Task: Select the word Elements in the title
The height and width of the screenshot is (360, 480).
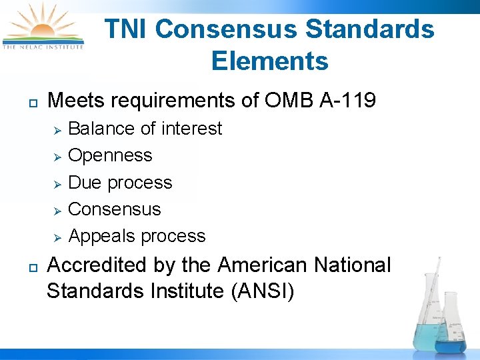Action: pyautogui.click(x=270, y=61)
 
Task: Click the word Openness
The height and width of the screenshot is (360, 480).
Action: pyautogui.click(x=110, y=155)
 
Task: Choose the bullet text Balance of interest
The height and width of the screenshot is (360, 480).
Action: pyautogui.click(x=145, y=128)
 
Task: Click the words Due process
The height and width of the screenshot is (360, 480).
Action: pyautogui.click(x=120, y=183)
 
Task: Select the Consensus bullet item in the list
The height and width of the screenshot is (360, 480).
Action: pyautogui.click(x=115, y=209)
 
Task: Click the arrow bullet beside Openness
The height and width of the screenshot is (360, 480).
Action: pyautogui.click(x=57, y=156)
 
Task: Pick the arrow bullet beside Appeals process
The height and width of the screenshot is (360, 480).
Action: pyautogui.click(x=57, y=237)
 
